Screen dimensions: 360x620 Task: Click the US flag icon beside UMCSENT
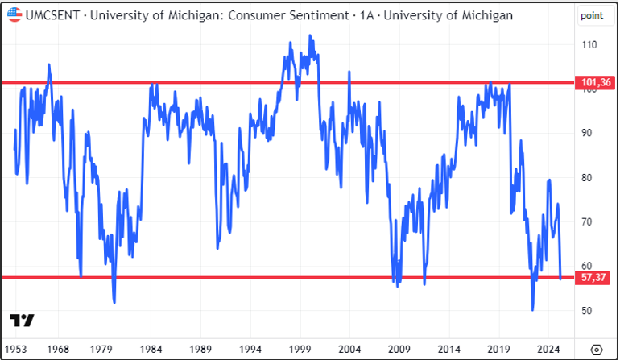point(13,14)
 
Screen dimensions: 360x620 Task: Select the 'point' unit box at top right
point(593,15)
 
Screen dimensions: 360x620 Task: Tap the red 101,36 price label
point(592,82)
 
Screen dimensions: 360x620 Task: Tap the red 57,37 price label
point(592,277)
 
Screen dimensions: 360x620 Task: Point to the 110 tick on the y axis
point(589,45)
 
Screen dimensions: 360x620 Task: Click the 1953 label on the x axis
point(14,349)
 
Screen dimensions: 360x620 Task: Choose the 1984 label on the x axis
point(151,349)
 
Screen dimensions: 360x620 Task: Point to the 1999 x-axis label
point(300,349)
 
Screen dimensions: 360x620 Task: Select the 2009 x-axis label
point(399,349)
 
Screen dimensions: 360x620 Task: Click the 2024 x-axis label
point(548,349)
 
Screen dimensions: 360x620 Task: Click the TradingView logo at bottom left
point(23,321)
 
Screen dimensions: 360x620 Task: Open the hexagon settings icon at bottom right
point(596,349)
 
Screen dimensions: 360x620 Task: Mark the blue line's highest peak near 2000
point(310,35)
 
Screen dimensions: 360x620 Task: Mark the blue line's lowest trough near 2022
point(532,310)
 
